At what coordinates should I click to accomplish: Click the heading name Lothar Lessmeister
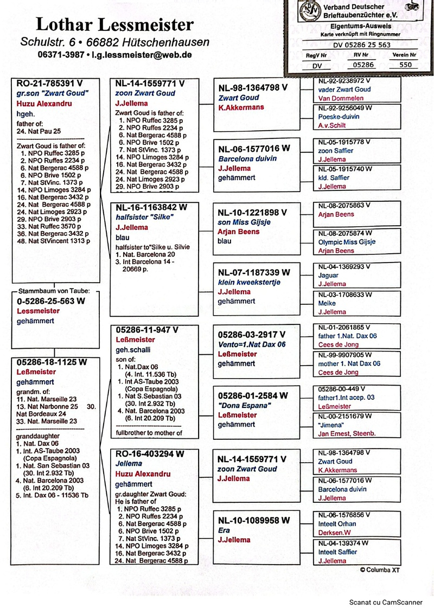(114, 25)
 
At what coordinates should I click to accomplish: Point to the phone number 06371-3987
(61, 55)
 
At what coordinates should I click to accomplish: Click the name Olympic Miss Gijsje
(347, 242)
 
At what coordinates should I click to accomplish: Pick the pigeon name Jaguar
(329, 276)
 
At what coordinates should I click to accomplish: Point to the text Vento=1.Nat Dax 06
(252, 344)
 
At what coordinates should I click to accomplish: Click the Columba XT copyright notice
(382, 570)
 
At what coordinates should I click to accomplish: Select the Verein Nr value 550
(405, 65)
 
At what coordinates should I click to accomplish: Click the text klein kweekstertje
(249, 282)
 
